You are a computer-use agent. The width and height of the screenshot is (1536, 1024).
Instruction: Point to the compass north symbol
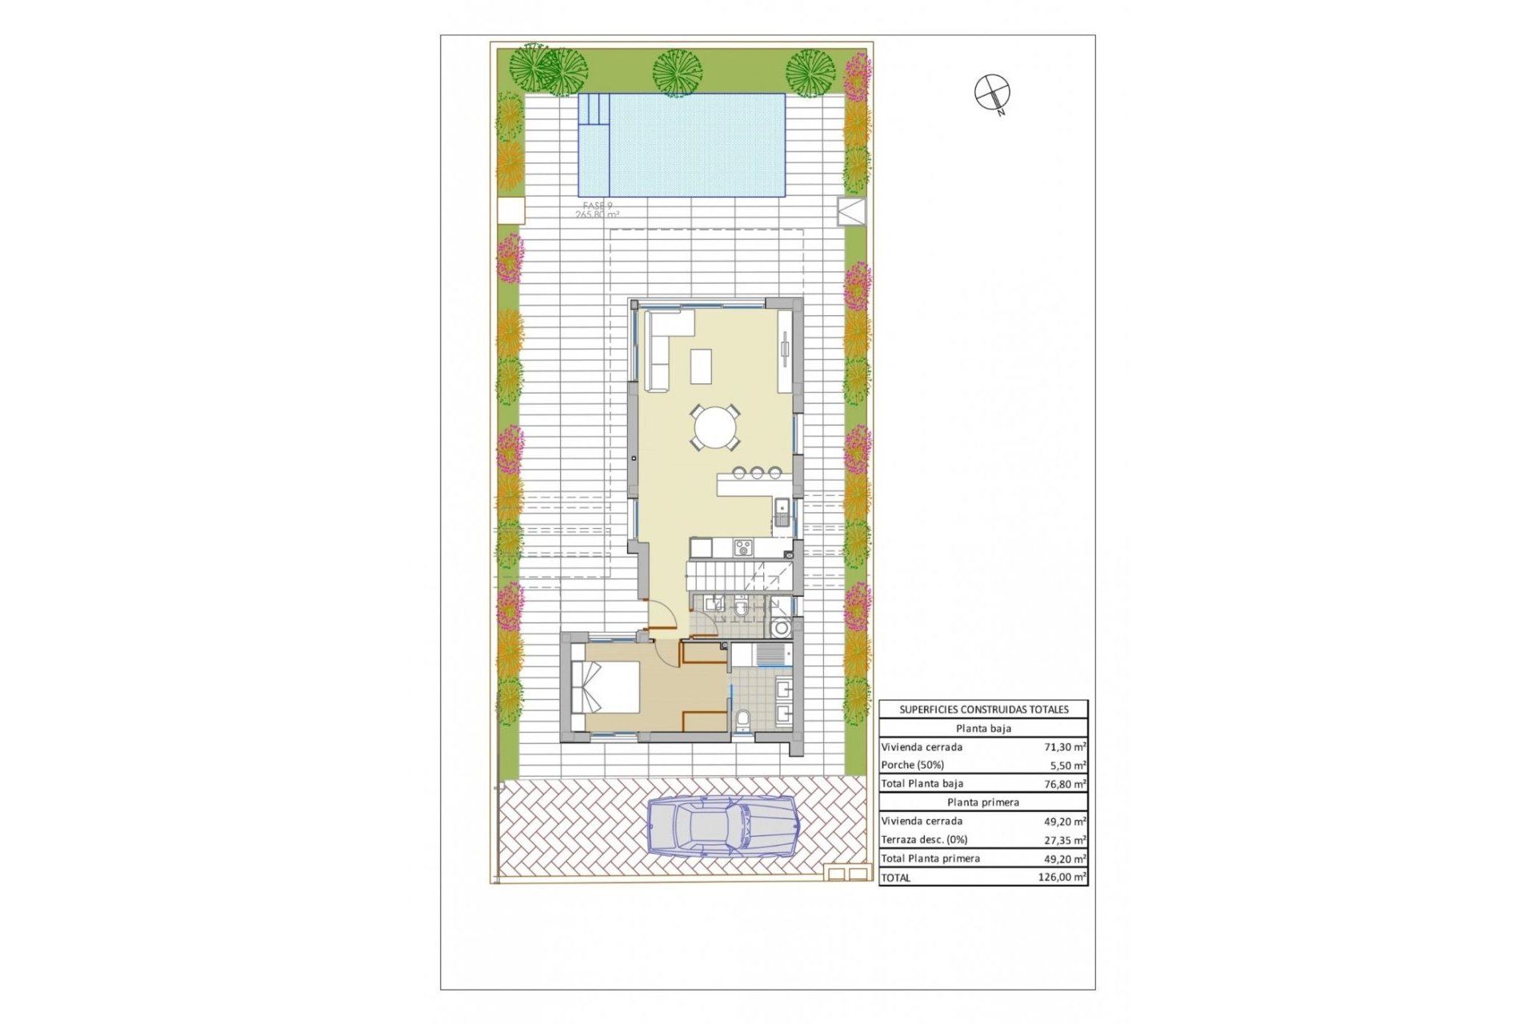(x=992, y=93)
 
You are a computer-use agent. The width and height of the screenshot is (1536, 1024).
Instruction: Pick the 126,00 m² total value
(x=1062, y=878)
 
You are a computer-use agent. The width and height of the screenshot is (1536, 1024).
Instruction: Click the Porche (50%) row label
(x=912, y=765)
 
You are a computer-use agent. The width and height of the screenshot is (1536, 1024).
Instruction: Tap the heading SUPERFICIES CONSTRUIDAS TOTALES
(x=983, y=710)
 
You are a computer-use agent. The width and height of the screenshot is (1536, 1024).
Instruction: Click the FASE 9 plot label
(x=598, y=206)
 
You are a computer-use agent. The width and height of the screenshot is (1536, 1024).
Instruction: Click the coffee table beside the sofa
(x=702, y=366)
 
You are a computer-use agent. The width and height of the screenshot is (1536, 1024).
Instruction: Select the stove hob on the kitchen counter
(x=743, y=547)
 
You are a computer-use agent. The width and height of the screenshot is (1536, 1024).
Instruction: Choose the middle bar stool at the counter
(x=757, y=472)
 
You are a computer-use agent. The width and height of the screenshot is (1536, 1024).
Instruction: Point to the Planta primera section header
(x=983, y=802)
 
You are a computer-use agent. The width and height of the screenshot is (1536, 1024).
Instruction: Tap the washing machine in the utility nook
(x=782, y=628)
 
